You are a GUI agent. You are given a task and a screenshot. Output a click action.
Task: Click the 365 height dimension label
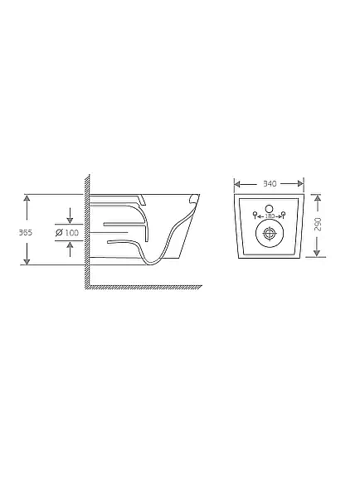26,233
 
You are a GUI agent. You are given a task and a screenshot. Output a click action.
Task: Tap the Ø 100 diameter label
67,233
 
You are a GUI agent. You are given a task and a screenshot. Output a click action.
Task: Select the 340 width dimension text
270,184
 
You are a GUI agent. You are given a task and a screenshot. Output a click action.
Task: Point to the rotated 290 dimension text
318,225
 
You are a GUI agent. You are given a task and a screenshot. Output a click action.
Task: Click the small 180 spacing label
270,216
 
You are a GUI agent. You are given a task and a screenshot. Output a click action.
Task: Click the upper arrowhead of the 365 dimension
27,198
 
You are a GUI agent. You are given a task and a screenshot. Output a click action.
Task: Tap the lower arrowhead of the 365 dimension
27,261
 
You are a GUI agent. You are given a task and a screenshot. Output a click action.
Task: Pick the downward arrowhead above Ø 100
70,220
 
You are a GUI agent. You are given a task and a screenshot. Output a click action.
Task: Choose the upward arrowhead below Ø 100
70,245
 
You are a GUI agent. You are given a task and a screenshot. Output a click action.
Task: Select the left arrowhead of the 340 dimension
238,184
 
